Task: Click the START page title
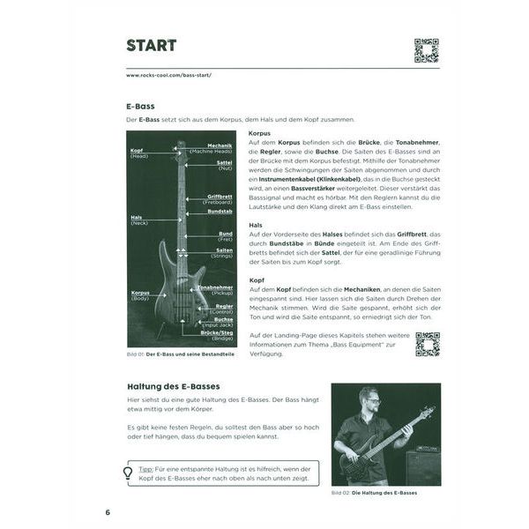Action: click(151, 45)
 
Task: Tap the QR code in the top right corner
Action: click(426, 50)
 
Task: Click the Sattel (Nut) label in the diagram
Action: click(223, 165)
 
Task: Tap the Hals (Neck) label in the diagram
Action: click(138, 220)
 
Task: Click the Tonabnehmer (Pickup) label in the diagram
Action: click(214, 290)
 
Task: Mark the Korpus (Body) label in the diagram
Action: click(141, 295)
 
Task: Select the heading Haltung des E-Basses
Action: click(173, 387)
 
